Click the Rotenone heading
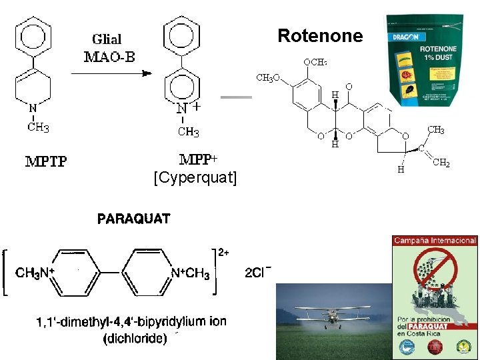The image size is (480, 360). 320,35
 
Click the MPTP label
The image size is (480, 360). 46,161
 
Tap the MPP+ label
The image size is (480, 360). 198,161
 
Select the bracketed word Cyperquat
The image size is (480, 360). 195,177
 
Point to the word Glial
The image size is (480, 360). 107,39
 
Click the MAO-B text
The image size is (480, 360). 109,56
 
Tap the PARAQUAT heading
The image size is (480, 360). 134,219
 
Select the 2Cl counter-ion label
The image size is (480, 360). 259,273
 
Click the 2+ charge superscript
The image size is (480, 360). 224,253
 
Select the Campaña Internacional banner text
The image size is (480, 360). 435,240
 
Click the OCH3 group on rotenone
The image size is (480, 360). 315,62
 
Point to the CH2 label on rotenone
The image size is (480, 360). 441,163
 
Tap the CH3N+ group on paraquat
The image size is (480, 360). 35,273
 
